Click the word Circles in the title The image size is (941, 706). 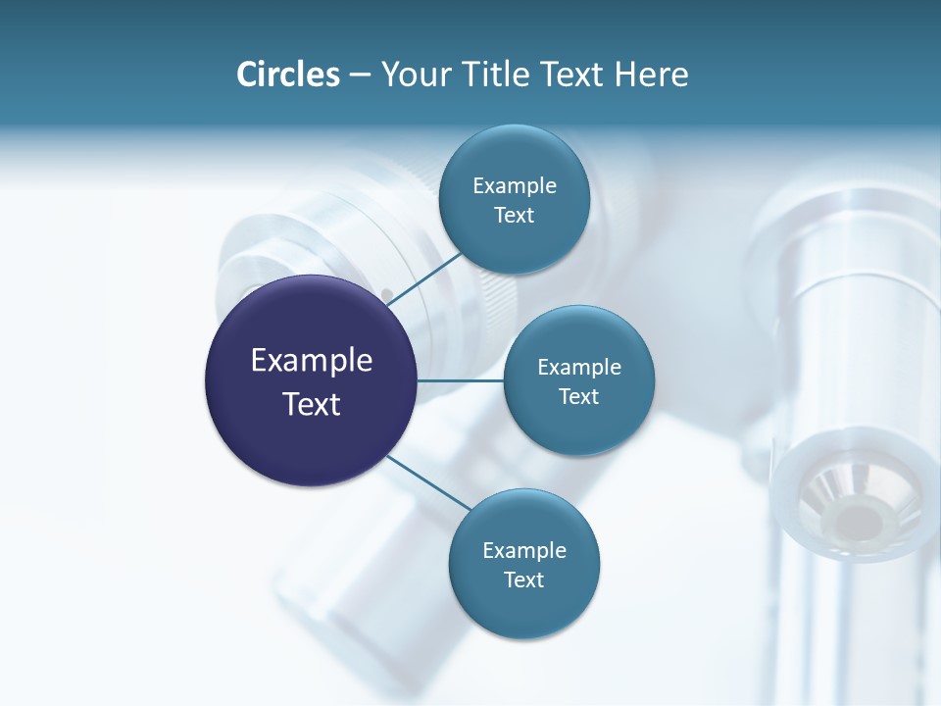click(x=287, y=75)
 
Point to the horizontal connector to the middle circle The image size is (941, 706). click(x=461, y=380)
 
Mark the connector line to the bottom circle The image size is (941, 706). click(x=428, y=482)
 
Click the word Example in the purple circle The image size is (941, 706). click(x=312, y=361)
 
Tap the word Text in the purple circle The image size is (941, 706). click(x=312, y=404)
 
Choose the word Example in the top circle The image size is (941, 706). click(x=514, y=185)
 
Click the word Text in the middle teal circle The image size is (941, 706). click(x=578, y=396)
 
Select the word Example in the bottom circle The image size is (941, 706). click(x=523, y=550)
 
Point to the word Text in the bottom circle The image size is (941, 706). click(x=523, y=580)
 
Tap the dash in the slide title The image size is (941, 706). click(x=359, y=76)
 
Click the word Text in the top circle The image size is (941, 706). click(x=514, y=215)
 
